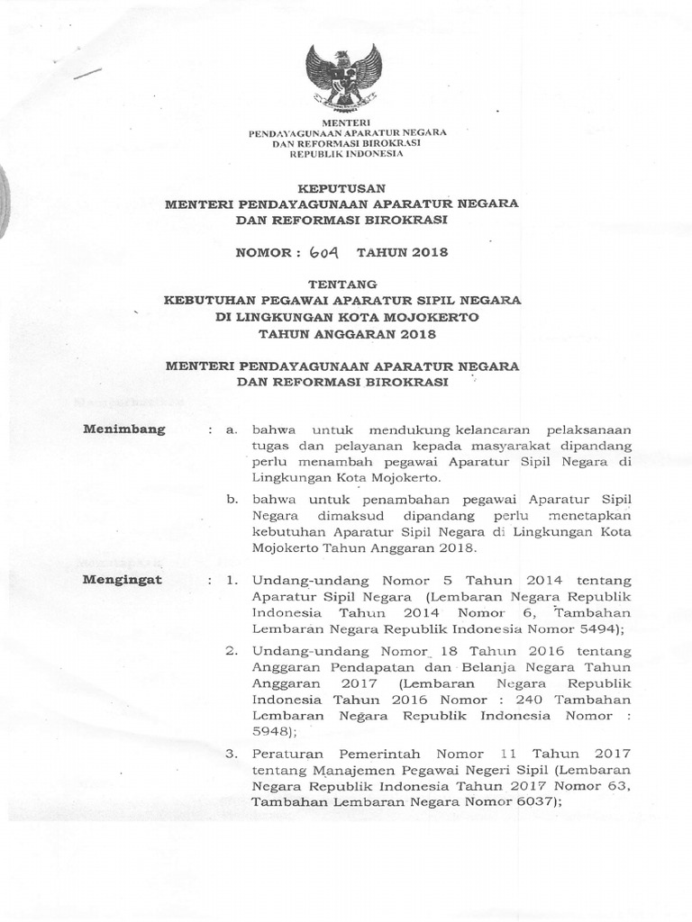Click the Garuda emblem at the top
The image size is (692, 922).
coord(343,77)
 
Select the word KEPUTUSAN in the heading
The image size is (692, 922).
coord(341,187)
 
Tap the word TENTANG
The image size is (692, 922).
coord(341,285)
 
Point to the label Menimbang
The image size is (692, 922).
coord(124,429)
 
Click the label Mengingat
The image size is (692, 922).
coord(123,579)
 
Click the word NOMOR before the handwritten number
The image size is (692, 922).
coord(263,253)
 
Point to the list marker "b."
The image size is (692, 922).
coord(232,497)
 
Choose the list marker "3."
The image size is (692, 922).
coord(231,753)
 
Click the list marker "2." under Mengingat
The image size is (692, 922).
coord(231,650)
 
